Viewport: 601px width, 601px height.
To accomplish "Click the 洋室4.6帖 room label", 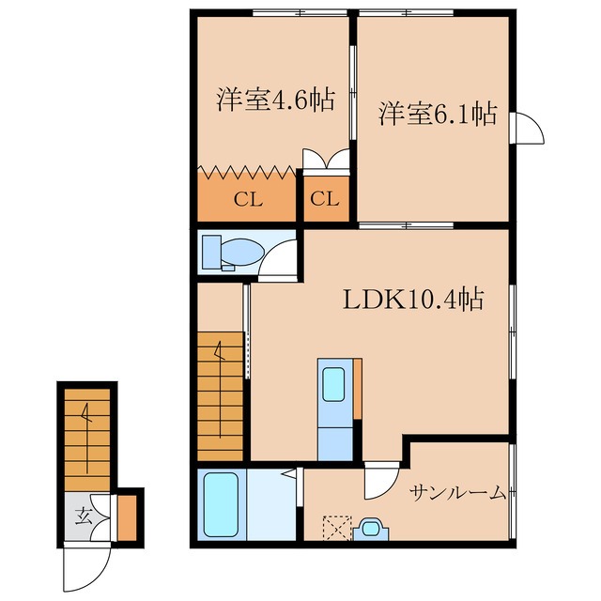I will (x=275, y=100).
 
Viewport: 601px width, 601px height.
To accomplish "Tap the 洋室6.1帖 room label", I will (x=438, y=114).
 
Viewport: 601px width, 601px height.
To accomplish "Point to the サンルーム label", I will (x=458, y=493).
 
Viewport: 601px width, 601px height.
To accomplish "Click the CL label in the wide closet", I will (x=247, y=199).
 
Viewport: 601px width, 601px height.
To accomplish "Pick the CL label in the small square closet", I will (x=325, y=199).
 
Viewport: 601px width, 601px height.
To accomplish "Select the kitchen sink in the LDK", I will (x=333, y=385).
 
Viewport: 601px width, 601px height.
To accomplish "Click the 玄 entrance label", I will (x=84, y=516).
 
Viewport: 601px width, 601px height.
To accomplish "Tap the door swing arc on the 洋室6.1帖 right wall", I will (x=528, y=129).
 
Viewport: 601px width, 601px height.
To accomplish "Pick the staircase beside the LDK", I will (x=222, y=399).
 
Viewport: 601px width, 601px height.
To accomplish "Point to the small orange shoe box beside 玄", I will (x=126, y=517).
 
